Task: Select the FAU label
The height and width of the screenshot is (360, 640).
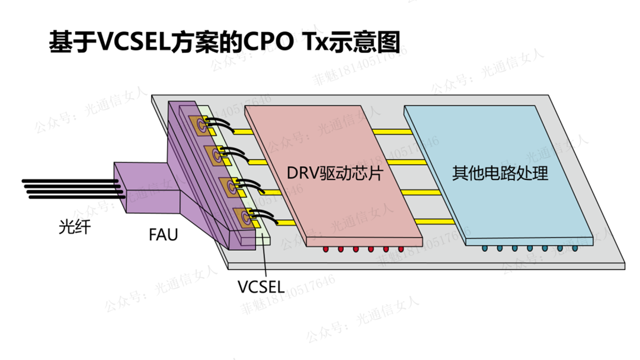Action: coord(163,235)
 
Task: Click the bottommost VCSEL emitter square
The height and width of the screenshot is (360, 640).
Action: coord(244,216)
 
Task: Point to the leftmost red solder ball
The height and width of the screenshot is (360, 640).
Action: coord(326,250)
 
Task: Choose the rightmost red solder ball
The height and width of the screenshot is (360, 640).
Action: coord(401,250)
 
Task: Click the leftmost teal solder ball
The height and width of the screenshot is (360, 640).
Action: coord(485,249)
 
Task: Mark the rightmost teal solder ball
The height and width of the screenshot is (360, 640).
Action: coord(575,249)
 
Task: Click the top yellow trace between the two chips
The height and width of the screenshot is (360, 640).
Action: coord(392,132)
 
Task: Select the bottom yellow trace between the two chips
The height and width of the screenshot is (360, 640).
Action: coord(435,222)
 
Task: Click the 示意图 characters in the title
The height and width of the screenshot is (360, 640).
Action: coord(365,43)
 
